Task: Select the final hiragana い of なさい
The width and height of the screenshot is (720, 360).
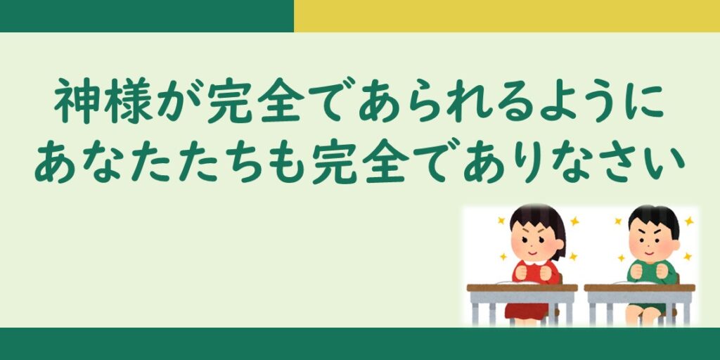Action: (x=664, y=163)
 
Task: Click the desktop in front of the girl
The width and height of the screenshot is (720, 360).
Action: (x=522, y=288)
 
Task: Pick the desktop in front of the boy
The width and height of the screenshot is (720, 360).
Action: (x=640, y=288)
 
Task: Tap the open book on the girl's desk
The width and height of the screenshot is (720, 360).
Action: (x=518, y=282)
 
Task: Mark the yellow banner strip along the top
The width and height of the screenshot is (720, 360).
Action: (x=507, y=16)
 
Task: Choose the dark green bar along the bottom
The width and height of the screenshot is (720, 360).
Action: (x=360, y=343)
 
